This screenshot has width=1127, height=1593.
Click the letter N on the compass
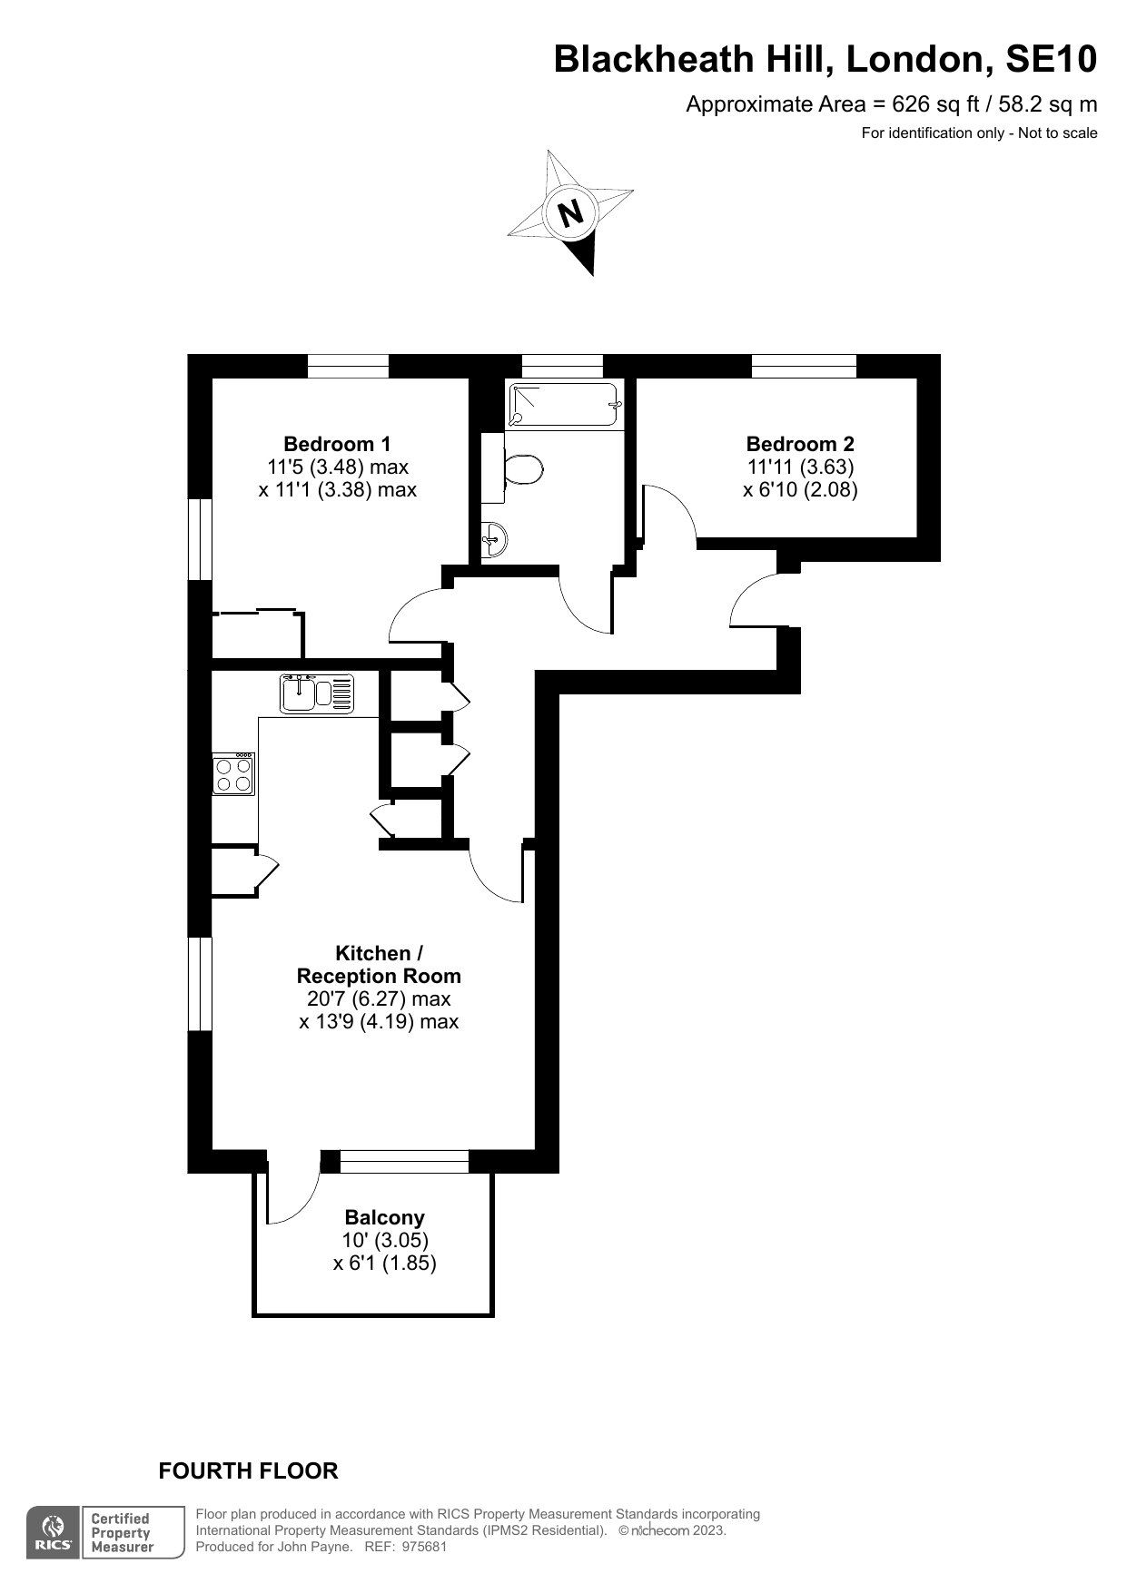570,213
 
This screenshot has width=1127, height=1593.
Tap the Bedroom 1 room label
337,444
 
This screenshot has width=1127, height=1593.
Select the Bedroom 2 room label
799,444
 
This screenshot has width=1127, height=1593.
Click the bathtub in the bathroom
565,404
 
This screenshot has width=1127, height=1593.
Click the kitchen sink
316,693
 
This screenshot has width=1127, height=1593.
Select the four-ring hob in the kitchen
233,774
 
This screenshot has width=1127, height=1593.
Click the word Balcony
384,1217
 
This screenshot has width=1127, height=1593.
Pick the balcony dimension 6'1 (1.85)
384,1263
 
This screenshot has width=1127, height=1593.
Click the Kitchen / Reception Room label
379,964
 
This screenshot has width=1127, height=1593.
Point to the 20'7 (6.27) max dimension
379,998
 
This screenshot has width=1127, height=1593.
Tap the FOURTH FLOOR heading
248,1470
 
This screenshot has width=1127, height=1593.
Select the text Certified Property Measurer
120,1533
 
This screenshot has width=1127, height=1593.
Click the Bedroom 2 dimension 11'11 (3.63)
799,467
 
